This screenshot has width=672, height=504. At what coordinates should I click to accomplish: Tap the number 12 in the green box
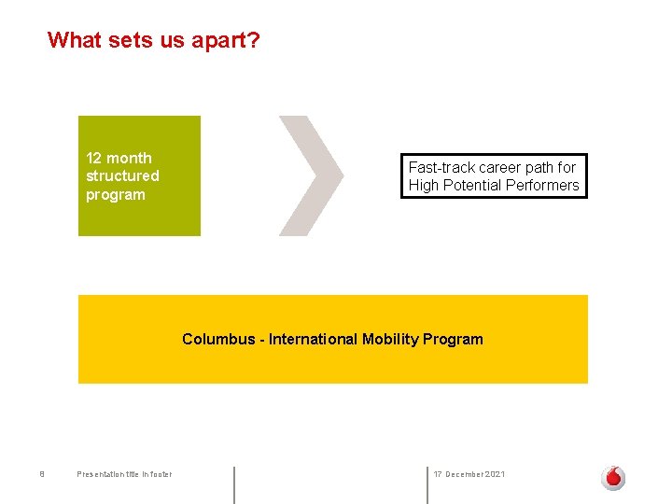click(x=93, y=158)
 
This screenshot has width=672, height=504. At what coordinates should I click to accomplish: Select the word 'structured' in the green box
click(x=122, y=175)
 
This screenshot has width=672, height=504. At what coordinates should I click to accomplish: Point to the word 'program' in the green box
click(x=115, y=194)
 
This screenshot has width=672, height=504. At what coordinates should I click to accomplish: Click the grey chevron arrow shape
click(x=314, y=175)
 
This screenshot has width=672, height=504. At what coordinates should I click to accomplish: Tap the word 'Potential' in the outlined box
click(x=472, y=185)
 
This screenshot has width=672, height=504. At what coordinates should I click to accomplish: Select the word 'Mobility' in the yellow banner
click(x=390, y=339)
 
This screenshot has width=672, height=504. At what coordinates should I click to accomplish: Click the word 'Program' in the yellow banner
click(x=453, y=339)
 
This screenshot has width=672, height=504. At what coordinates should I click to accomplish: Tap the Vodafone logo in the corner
click(x=612, y=478)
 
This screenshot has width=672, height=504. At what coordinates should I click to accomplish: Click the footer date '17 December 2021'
click(x=469, y=474)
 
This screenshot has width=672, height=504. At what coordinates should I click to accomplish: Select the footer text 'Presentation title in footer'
click(x=124, y=474)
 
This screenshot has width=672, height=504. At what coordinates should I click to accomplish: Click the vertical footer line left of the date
click(x=427, y=484)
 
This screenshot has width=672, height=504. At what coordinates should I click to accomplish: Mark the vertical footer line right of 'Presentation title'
click(x=233, y=484)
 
